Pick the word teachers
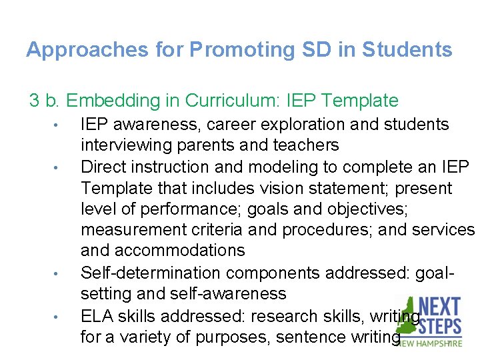[x=307, y=145]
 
